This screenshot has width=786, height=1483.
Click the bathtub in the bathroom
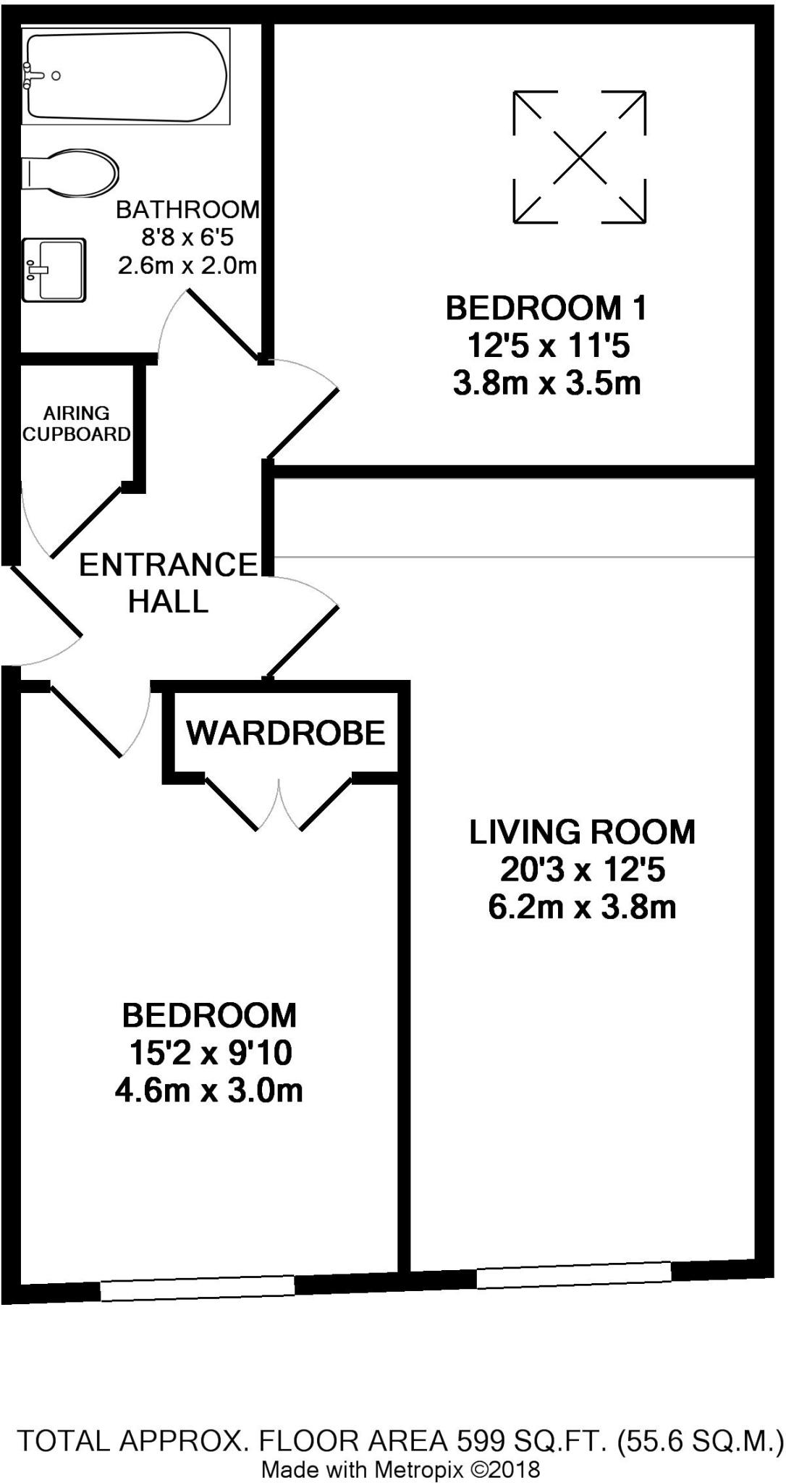tap(126, 76)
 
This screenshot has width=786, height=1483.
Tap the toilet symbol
tap(69, 172)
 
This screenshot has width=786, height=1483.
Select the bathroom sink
tap(54, 269)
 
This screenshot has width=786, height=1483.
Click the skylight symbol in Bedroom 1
tap(579, 156)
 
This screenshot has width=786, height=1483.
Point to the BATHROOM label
tap(187, 209)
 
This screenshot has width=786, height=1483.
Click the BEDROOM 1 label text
tap(546, 308)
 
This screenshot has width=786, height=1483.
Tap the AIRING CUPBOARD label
tap(76, 424)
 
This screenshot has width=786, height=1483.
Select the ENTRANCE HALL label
tap(168, 583)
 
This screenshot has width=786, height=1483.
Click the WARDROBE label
tap(286, 733)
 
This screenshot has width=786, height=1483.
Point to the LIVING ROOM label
tap(582, 832)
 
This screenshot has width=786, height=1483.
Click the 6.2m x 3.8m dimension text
tap(582, 907)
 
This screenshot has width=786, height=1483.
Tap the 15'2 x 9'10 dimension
tap(210, 1053)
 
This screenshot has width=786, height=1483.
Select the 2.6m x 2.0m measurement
tap(187, 266)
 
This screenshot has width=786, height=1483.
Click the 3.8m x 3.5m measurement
tap(546, 383)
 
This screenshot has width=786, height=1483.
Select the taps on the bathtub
tap(35, 75)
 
